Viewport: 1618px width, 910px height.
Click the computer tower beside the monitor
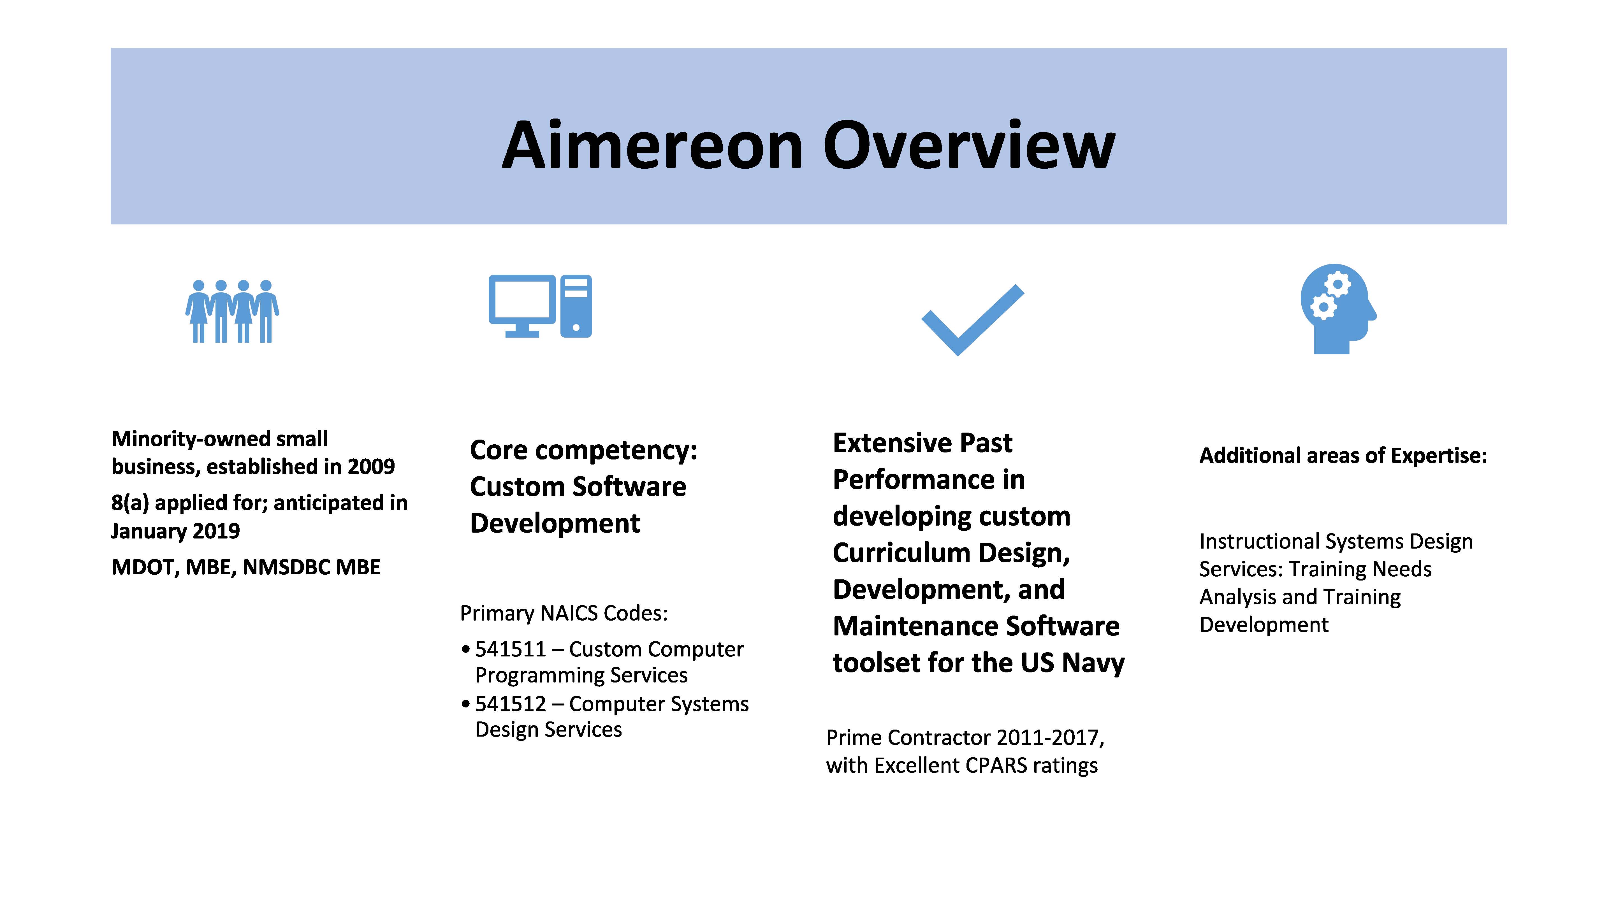click(x=576, y=306)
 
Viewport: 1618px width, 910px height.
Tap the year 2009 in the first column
click(x=371, y=466)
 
